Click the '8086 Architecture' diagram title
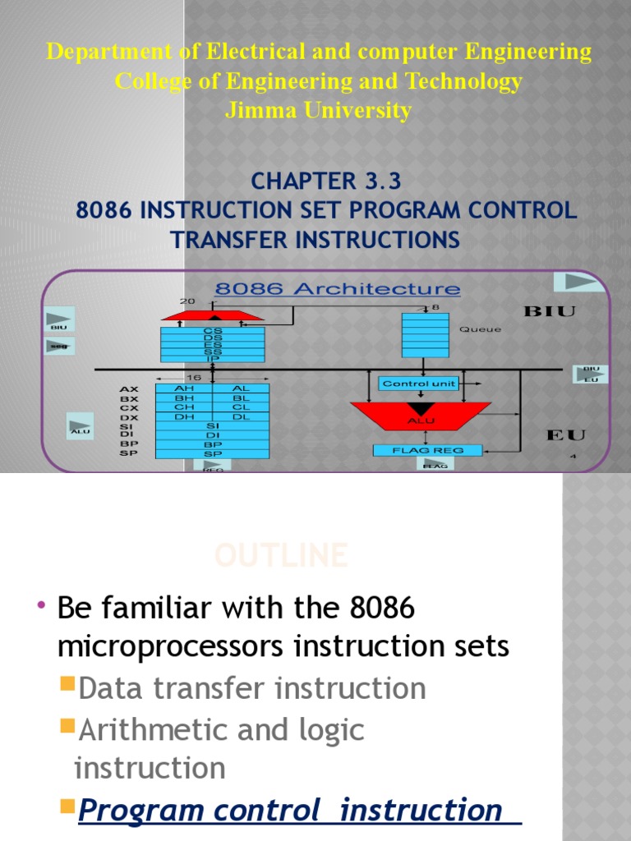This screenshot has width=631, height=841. click(338, 289)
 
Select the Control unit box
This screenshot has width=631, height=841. click(419, 384)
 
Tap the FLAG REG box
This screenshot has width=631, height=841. click(427, 450)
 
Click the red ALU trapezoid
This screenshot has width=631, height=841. click(420, 415)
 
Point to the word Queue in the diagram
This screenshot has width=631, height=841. click(480, 329)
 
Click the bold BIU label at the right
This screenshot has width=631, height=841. click(550, 311)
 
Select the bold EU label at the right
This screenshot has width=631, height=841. click(566, 434)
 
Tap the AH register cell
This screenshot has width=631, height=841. click(184, 388)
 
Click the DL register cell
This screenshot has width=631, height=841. click(241, 416)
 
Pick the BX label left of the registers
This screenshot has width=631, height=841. click(129, 398)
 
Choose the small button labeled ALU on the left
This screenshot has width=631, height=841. click(81, 425)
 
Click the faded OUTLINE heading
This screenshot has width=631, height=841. click(280, 556)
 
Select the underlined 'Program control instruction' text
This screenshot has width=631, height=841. click(290, 810)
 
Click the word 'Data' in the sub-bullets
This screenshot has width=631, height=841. click(112, 688)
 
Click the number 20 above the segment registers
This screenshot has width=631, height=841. click(188, 301)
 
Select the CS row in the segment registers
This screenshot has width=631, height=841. click(213, 330)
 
